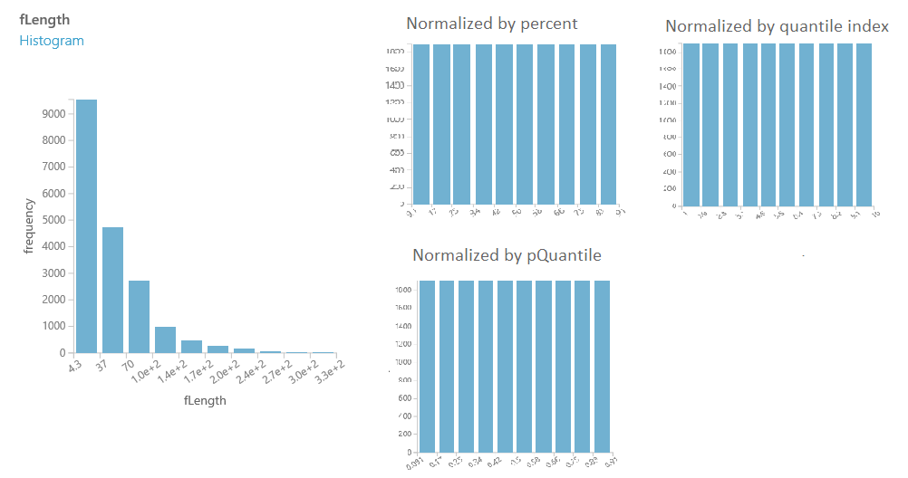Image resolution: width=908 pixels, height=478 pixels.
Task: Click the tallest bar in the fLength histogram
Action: tap(86, 226)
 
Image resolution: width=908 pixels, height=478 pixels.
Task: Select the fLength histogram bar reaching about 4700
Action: tap(112, 290)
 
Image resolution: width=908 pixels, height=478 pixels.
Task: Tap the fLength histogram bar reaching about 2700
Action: tap(139, 317)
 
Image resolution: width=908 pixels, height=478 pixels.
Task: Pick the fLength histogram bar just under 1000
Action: tap(165, 339)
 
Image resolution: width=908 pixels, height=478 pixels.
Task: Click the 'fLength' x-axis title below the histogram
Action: tap(205, 400)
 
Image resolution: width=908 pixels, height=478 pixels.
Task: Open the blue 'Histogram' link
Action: tap(52, 41)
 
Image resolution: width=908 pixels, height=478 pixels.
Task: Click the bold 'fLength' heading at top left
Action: tap(44, 20)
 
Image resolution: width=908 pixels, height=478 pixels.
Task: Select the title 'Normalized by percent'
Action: tap(492, 24)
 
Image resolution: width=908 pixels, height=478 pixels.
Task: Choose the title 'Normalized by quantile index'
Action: tap(777, 26)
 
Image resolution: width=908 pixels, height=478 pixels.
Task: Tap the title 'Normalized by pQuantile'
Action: tap(507, 255)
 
